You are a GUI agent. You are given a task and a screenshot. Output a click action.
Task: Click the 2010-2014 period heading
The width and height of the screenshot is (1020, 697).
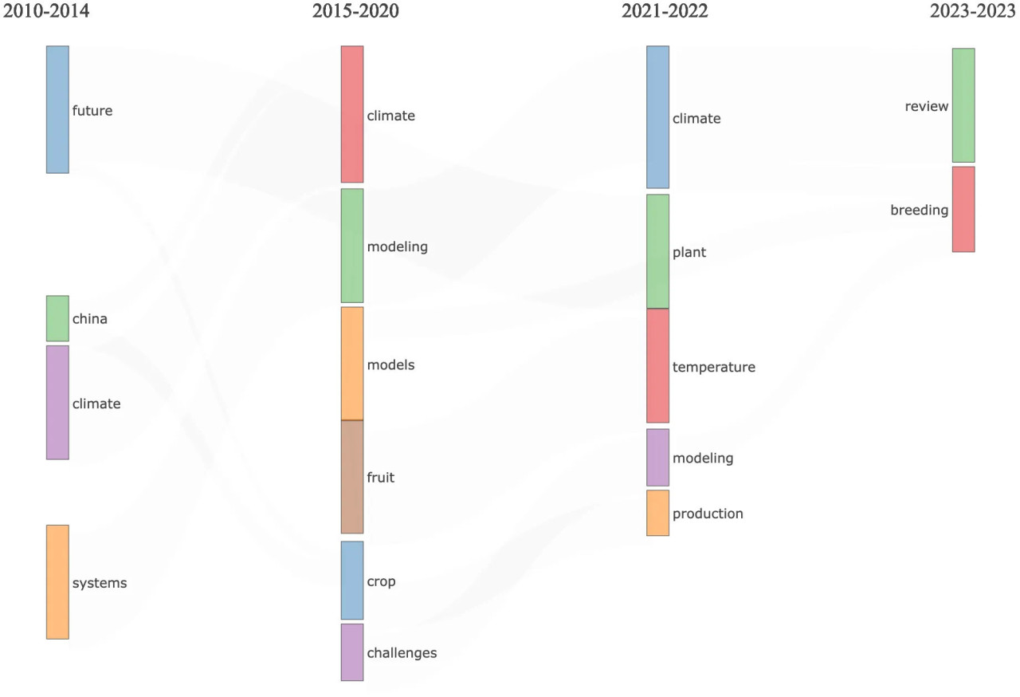47,11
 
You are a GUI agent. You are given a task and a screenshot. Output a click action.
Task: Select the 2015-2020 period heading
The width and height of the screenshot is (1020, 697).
355,11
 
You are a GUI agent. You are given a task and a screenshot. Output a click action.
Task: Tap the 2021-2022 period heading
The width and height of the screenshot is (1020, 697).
665,11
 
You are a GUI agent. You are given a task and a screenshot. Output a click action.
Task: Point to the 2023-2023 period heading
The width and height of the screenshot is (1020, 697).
974,11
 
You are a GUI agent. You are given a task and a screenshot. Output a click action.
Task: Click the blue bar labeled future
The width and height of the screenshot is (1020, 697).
57,109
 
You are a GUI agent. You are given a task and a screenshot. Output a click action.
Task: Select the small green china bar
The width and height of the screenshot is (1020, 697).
57,318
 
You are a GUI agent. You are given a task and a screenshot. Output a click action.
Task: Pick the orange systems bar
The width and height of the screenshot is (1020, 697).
57,581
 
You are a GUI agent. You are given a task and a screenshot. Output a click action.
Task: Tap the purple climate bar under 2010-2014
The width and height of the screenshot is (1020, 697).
57,402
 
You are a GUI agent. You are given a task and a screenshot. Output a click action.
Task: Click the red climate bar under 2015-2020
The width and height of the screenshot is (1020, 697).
352,114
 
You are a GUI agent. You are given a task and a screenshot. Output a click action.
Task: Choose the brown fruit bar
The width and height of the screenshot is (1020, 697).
352,477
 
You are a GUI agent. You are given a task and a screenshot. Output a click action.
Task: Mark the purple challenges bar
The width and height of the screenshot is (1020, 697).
352,652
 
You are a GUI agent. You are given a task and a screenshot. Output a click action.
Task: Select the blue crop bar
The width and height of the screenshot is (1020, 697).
352,580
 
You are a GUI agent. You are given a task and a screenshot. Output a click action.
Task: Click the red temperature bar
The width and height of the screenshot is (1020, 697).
657,366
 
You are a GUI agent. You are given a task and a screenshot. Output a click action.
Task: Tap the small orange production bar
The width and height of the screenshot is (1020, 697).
657,513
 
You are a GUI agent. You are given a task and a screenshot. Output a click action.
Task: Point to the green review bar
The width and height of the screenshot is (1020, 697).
963,105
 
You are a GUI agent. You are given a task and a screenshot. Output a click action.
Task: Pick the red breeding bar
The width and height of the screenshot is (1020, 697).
963,209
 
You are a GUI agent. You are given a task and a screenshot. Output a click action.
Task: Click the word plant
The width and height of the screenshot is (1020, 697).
689,253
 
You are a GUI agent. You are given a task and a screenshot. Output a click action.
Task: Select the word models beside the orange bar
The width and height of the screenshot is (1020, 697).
390,365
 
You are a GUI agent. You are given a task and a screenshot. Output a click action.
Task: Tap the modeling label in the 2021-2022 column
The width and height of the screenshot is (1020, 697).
703,459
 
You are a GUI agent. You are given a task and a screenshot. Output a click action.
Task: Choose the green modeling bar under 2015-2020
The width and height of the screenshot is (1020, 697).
352,246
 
